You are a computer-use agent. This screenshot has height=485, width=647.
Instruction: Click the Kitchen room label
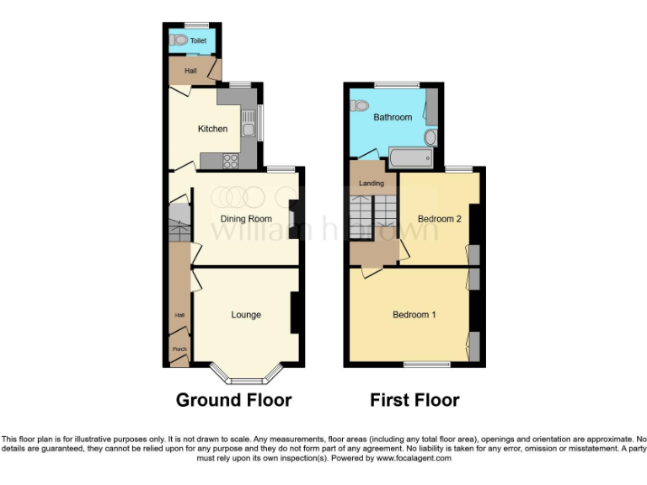pyautogui.click(x=212, y=129)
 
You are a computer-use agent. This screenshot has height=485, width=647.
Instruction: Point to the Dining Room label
pyautogui.click(x=244, y=219)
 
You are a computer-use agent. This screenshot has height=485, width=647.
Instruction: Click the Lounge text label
pyautogui.click(x=246, y=315)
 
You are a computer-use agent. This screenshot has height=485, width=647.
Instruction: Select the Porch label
pyautogui.click(x=179, y=349)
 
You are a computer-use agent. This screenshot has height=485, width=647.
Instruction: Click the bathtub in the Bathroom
pyautogui.click(x=410, y=157)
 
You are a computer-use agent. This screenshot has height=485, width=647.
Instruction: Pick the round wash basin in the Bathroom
pyautogui.click(x=430, y=137)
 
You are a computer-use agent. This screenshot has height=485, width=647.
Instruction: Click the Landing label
pyautogui.click(x=372, y=183)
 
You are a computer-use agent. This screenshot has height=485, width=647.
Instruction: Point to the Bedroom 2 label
pyautogui.click(x=440, y=219)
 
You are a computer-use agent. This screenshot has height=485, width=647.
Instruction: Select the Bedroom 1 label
pyautogui.click(x=414, y=315)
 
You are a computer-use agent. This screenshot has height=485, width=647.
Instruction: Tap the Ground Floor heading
pyautogui.click(x=233, y=400)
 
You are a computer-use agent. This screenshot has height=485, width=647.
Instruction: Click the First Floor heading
pyautogui.click(x=414, y=400)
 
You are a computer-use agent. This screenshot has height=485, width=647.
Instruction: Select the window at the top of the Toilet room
pyautogui.click(x=196, y=24)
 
